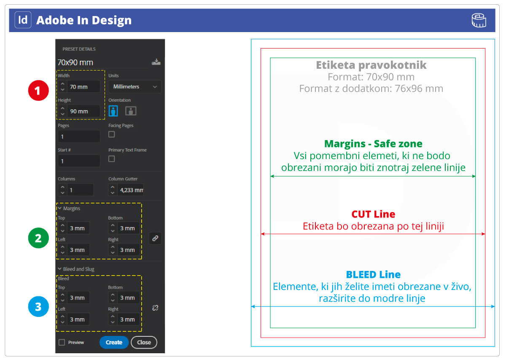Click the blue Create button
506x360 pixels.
click(x=114, y=342)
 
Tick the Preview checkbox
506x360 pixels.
click(x=62, y=342)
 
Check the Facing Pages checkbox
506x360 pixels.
click(x=112, y=134)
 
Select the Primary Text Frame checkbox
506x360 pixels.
click(x=112, y=159)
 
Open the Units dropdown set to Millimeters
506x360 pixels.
click(x=135, y=87)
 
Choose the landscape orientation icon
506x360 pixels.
click(x=131, y=111)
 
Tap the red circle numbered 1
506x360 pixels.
click(x=38, y=92)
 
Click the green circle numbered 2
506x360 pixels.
click(x=38, y=238)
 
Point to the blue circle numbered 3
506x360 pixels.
click(x=38, y=307)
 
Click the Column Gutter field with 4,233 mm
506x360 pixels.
click(x=131, y=190)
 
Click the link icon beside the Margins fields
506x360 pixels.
click(x=155, y=238)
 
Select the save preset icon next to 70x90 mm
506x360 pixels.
click(x=156, y=62)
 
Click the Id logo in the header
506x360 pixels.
click(x=23, y=20)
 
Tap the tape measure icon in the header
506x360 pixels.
click(x=479, y=20)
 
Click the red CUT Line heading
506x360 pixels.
click(x=373, y=214)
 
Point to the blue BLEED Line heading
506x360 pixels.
click(x=373, y=275)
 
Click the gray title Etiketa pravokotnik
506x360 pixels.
click(x=371, y=65)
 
